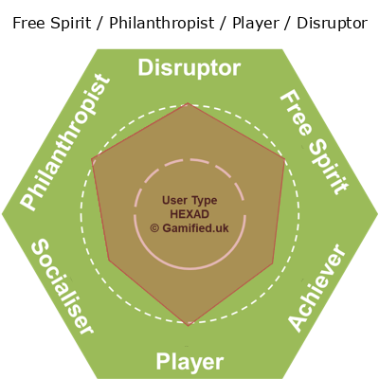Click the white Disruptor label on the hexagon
click(x=189, y=68)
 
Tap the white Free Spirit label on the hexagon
click(x=315, y=142)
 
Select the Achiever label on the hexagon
click(x=316, y=288)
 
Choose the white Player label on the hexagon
click(x=189, y=362)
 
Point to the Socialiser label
click(x=63, y=286)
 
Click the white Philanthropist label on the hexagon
click(x=65, y=142)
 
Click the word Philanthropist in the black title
click(x=162, y=23)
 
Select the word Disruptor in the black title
click(x=332, y=23)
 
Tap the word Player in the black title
click(x=256, y=23)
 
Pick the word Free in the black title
click(x=27, y=23)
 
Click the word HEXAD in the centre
click(x=189, y=214)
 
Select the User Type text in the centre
click(x=189, y=200)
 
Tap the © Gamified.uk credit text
click(x=189, y=228)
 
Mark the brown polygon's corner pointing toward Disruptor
click(x=189, y=103)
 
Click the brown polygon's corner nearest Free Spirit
click(x=285, y=159)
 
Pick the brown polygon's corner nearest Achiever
click(x=273, y=262)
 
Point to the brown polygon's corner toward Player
click(x=189, y=326)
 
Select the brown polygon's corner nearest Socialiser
click(x=109, y=261)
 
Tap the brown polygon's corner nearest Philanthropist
click(x=92, y=159)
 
